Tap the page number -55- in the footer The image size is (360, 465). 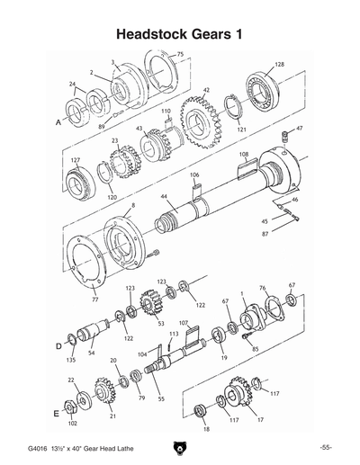pos(326,447)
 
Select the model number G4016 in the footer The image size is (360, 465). pos(37,447)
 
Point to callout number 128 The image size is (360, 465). pos(280,65)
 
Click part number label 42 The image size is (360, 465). pos(206,91)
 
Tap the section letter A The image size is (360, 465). pos(58,119)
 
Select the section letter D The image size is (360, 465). pos(58,344)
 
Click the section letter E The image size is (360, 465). pos(58,414)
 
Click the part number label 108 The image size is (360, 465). pos(242,155)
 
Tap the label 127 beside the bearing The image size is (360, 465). pos(76,161)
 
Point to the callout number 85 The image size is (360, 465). pos(255,348)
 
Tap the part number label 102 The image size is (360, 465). pos(72,422)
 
